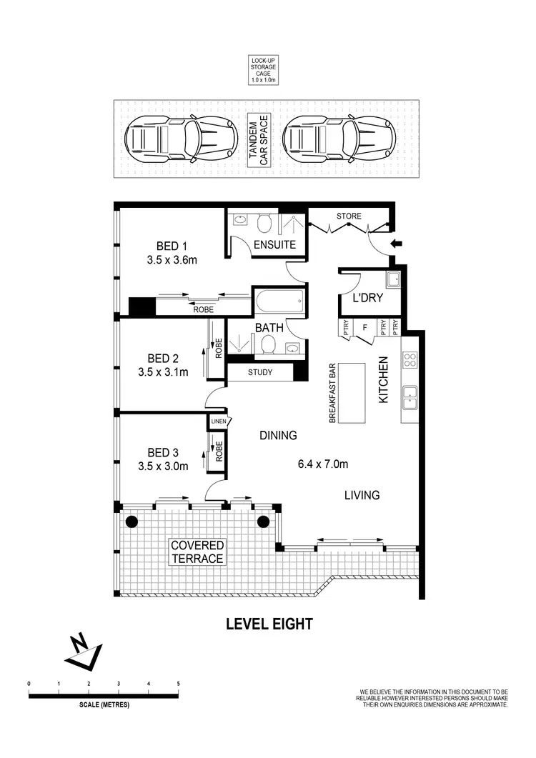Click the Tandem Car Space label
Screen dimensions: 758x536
coord(259,140)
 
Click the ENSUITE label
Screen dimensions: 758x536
coord(275,244)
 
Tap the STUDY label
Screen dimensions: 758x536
coord(260,372)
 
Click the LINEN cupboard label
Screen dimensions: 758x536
coord(218,422)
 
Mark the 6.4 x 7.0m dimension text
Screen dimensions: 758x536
coord(323,464)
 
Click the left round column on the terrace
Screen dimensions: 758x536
coord(131,522)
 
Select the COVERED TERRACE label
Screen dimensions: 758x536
coord(197,552)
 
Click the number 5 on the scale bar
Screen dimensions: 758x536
coord(179,684)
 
